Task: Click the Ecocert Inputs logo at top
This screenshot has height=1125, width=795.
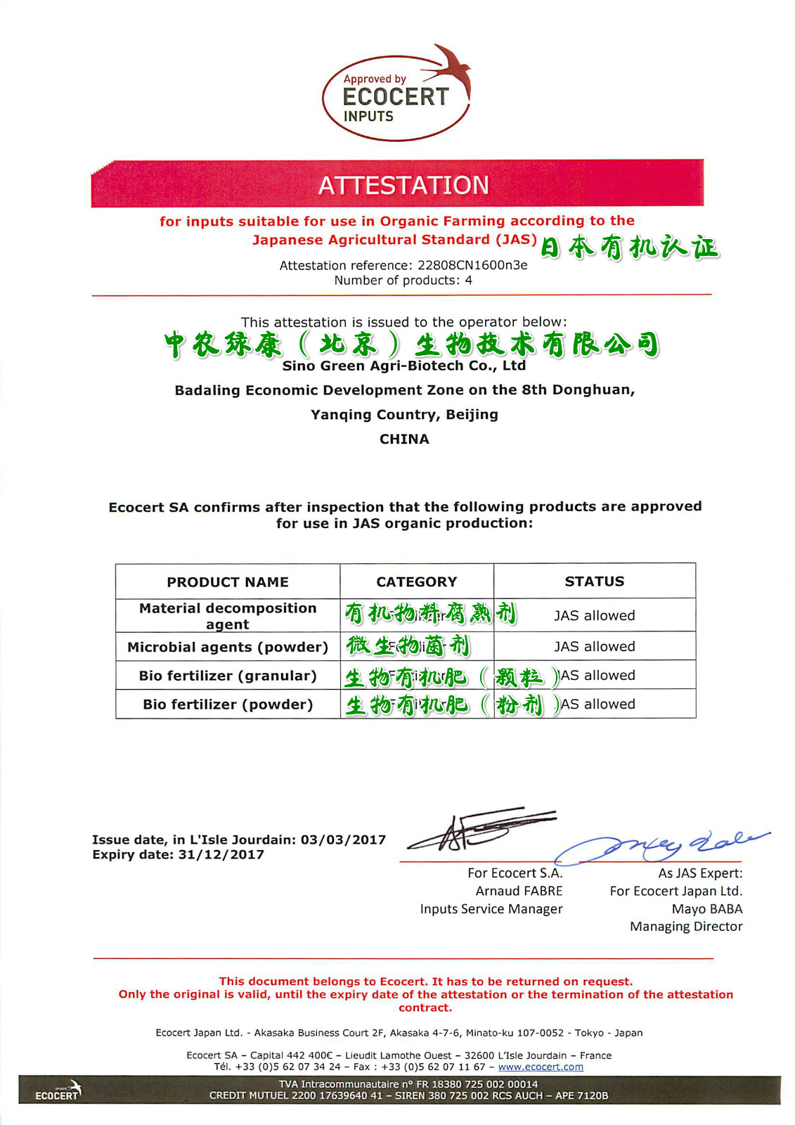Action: coord(396,95)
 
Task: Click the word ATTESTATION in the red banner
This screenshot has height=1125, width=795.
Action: coord(403,185)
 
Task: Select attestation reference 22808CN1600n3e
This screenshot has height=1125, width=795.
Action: coord(472,265)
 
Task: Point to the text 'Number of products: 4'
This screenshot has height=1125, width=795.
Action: coord(403,280)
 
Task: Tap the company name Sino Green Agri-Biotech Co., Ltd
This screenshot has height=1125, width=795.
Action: coord(403,366)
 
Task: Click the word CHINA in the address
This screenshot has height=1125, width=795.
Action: coord(404,439)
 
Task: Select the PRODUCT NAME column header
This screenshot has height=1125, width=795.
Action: coord(228,581)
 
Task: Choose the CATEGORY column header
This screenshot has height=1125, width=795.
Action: coord(417,581)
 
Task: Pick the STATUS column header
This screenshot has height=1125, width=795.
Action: coord(595,581)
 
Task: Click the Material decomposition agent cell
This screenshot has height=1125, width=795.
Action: coord(228,616)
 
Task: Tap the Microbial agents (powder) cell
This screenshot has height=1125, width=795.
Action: coord(228,647)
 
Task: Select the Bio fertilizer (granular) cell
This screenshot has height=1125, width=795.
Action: coord(228,676)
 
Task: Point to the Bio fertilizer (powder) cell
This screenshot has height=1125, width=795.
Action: coord(228,704)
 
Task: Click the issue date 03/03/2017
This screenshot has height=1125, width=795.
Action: coord(344,840)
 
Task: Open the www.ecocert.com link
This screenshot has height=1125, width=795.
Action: coord(541,1067)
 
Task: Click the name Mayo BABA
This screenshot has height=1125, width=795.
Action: coord(706,908)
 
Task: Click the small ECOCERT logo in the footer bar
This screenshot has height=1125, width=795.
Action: coord(58,1092)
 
